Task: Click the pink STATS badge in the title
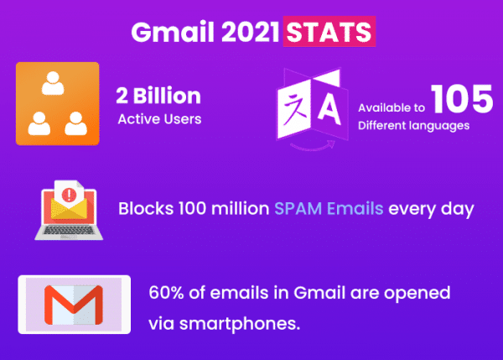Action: pos(329,32)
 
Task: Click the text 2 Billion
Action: pos(158,95)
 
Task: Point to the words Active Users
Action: pos(159,118)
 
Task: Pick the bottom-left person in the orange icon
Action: pos(37,122)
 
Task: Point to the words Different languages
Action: pos(413,126)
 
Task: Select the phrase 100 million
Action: pos(219,207)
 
